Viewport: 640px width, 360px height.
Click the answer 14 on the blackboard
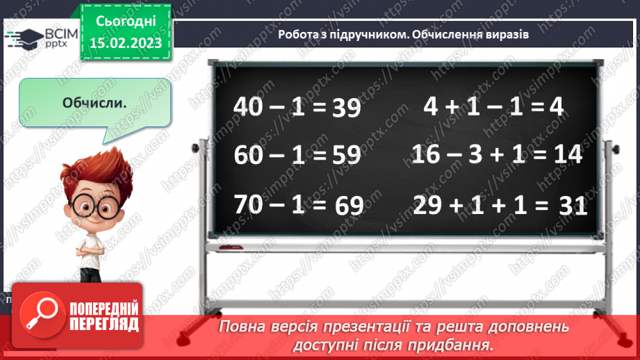coord(564,155)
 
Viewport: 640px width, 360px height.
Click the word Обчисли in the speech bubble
coord(93,103)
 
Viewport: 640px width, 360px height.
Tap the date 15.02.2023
coord(126,43)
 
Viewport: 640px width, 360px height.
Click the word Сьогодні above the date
coord(126,21)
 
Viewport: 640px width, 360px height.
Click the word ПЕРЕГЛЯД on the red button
coord(104,324)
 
